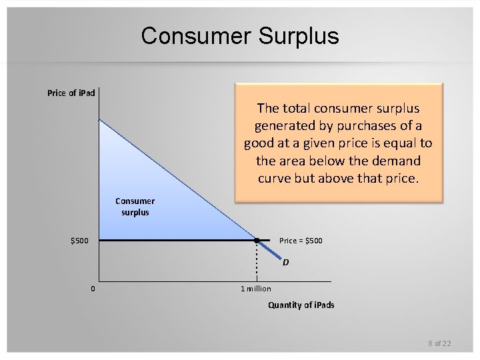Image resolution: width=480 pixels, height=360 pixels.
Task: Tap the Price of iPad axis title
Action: click(x=71, y=93)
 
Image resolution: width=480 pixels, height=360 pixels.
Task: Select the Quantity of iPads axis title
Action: click(x=301, y=305)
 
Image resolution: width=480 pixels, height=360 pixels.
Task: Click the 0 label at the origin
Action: click(x=93, y=288)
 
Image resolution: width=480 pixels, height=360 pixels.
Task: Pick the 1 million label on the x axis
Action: click(x=256, y=288)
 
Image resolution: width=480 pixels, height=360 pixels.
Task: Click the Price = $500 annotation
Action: click(x=300, y=240)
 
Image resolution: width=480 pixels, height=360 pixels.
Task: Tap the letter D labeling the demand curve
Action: click(x=285, y=262)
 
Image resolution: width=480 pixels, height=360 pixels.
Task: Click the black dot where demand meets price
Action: click(x=257, y=240)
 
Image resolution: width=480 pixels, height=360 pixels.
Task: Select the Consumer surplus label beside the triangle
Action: click(x=135, y=206)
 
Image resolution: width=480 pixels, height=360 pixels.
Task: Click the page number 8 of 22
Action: click(x=439, y=343)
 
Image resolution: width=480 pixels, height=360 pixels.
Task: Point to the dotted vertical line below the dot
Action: click(x=257, y=261)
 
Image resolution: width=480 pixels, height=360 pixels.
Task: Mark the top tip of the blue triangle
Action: click(x=100, y=121)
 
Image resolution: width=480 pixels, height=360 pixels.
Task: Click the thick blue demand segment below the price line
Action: click(x=270, y=251)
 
